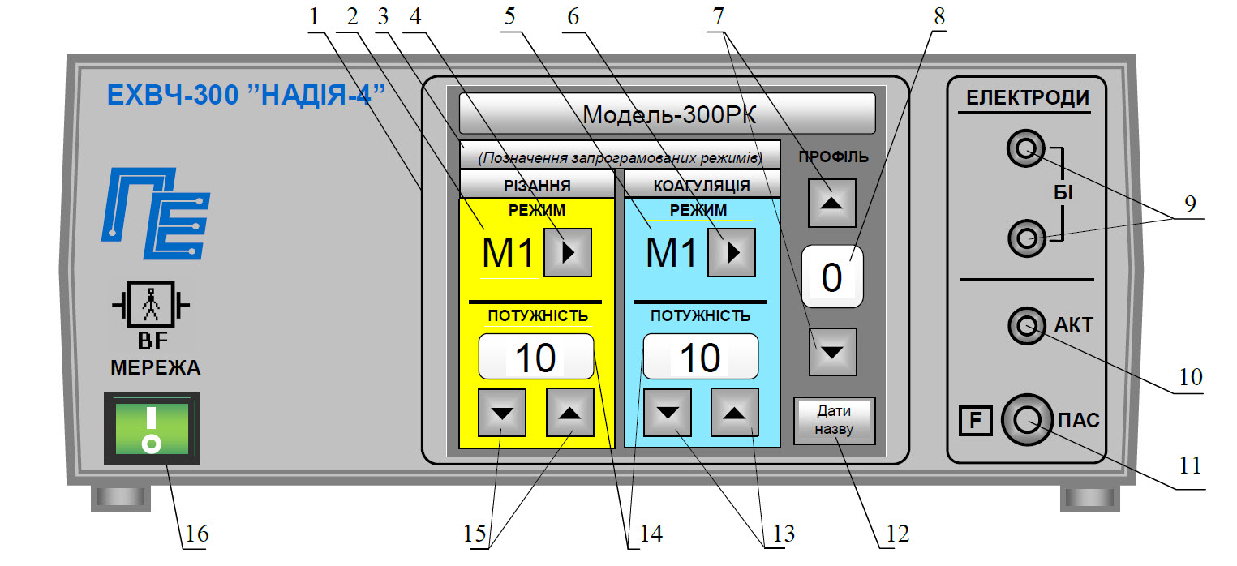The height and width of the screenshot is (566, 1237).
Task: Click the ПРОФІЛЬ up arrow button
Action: coord(831,203)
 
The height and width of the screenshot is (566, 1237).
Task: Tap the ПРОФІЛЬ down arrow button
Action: coord(833,352)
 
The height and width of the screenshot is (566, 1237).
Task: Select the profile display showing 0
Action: coord(832,277)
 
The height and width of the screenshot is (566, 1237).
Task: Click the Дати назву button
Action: coord(835,420)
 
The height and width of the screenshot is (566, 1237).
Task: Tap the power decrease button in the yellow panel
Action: coord(502,413)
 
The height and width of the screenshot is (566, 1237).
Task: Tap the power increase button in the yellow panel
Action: coord(570,413)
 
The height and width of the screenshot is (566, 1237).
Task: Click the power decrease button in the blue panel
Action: coord(667,413)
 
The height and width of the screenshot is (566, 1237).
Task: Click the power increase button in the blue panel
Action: coord(734,413)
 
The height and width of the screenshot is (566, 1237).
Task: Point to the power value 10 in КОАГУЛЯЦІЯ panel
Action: coord(700,357)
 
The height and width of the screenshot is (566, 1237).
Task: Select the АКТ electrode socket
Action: coord(1027,326)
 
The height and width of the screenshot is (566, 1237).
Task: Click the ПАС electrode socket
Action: coord(1027,420)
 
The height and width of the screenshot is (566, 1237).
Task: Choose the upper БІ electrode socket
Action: coord(1026,148)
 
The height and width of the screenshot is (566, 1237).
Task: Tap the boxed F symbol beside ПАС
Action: coord(975,421)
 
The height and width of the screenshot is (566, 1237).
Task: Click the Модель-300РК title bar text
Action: coord(669,115)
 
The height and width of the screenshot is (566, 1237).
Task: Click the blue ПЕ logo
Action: coord(156,214)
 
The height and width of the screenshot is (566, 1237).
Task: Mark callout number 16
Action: coord(196,534)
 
